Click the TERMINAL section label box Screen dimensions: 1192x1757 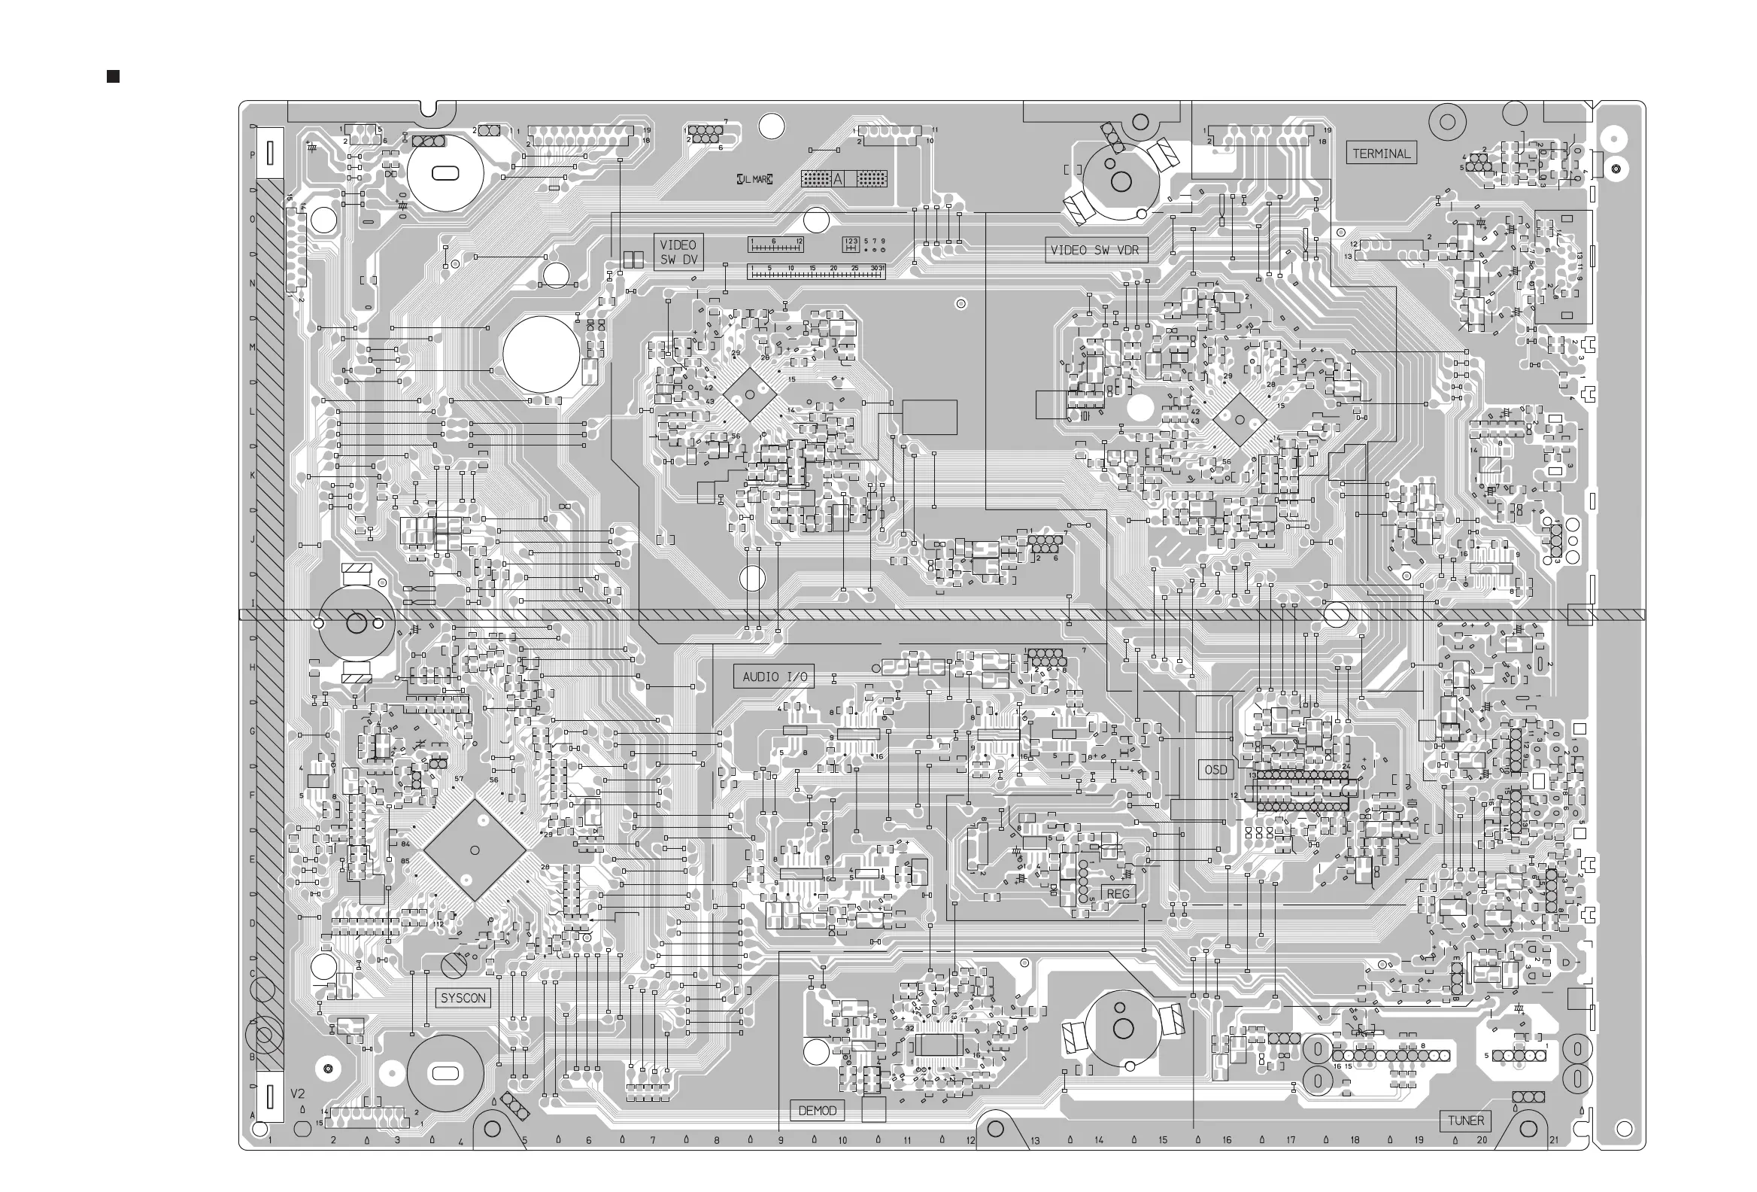(x=1381, y=154)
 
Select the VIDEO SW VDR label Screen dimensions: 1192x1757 (x=1095, y=251)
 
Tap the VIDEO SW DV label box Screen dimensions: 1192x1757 (x=678, y=253)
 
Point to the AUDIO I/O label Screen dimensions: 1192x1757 (x=774, y=677)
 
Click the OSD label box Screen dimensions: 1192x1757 (x=1215, y=770)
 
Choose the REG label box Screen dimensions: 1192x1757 (x=1118, y=894)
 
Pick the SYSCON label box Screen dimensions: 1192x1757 (x=463, y=999)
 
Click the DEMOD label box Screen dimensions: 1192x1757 (x=818, y=1110)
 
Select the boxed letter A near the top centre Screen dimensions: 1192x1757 (x=838, y=179)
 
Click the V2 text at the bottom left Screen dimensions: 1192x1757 (x=298, y=1094)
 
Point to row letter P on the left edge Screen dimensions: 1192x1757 (x=253, y=155)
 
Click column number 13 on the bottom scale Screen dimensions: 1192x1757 (x=1035, y=1141)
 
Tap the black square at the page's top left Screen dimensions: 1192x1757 (x=114, y=77)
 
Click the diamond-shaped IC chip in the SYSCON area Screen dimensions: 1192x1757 (x=474, y=850)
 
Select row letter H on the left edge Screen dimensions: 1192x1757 (x=253, y=667)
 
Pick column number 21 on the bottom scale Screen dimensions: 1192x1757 (x=1554, y=1140)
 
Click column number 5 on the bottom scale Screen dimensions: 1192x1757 (x=525, y=1141)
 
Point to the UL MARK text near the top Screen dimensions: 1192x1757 (x=754, y=179)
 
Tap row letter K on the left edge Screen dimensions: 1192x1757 (x=253, y=476)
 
